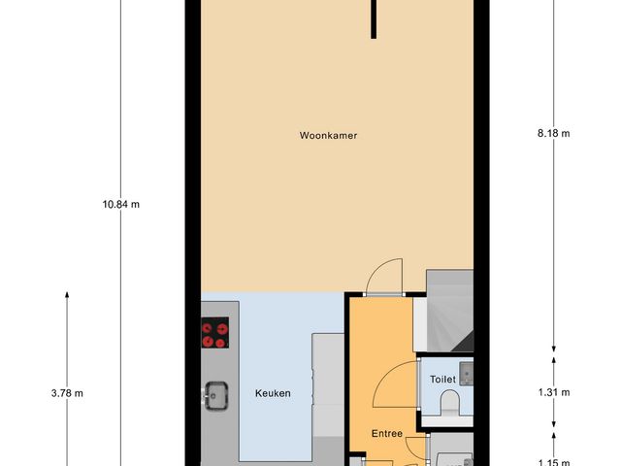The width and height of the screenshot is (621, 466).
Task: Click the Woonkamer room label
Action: tap(328, 136)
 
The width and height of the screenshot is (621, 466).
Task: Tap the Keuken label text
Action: tap(273, 393)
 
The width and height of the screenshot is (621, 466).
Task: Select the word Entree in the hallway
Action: tap(388, 434)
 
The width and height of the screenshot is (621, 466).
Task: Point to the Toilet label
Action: tap(443, 380)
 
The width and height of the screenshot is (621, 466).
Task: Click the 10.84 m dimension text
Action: tap(120, 204)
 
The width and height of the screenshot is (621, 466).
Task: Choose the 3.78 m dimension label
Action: tap(67, 393)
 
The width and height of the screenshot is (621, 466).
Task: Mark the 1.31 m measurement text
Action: tap(553, 393)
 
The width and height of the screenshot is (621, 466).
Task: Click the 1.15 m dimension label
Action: tap(553, 462)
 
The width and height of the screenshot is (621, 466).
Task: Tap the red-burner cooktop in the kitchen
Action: tap(215, 334)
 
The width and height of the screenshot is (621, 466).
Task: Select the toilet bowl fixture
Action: tap(449, 403)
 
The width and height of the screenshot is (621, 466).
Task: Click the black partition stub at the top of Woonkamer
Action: tap(374, 18)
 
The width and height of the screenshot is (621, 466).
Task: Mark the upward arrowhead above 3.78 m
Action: tap(67, 294)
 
